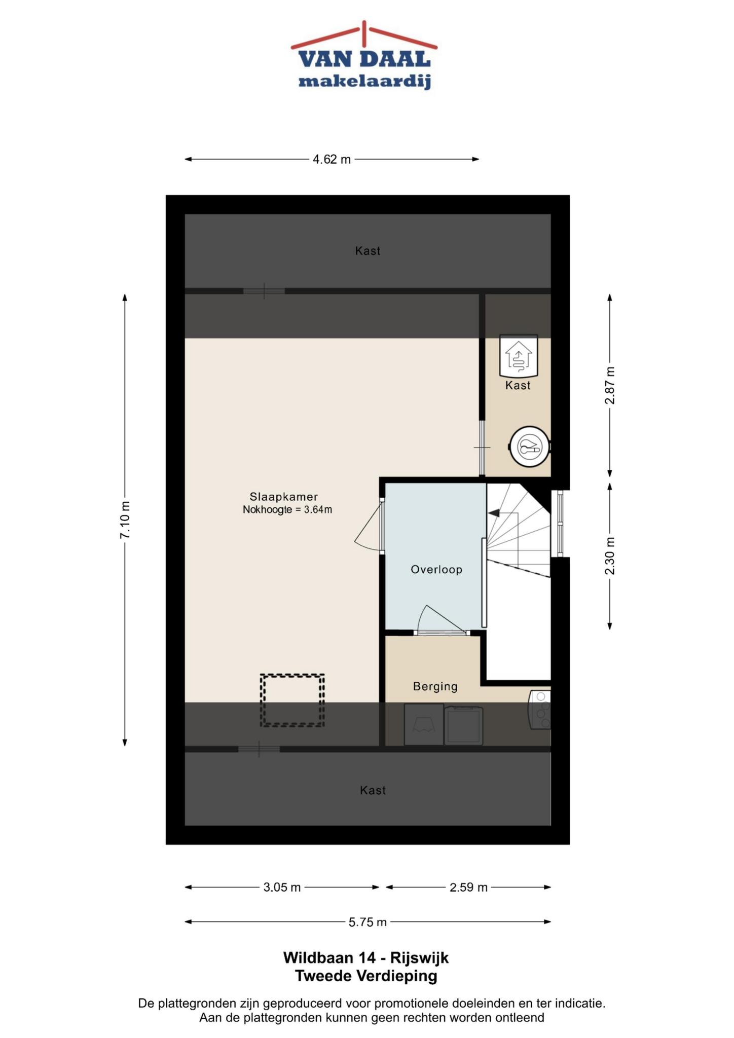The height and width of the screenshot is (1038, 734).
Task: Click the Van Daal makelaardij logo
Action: click(364, 56)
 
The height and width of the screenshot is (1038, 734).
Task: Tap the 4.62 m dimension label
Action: click(332, 159)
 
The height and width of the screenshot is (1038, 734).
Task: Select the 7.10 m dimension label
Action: click(125, 520)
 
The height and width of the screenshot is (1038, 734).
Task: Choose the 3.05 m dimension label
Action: click(282, 887)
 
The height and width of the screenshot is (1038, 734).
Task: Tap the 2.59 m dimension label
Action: click(468, 887)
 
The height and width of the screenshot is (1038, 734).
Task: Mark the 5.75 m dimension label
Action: click(368, 922)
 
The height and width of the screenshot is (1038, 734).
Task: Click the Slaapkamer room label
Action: click(283, 497)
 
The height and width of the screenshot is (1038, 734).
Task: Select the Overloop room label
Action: click(436, 569)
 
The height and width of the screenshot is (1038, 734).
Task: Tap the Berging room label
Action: click(435, 686)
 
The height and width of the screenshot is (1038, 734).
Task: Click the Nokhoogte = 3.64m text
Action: click(287, 510)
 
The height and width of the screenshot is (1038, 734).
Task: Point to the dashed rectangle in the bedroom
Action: click(292, 675)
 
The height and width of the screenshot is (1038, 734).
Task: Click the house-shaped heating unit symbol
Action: click(518, 355)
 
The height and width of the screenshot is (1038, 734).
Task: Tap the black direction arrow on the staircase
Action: click(493, 513)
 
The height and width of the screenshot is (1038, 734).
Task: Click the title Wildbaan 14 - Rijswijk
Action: click(366, 957)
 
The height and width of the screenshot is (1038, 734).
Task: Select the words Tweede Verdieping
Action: click(366, 976)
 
